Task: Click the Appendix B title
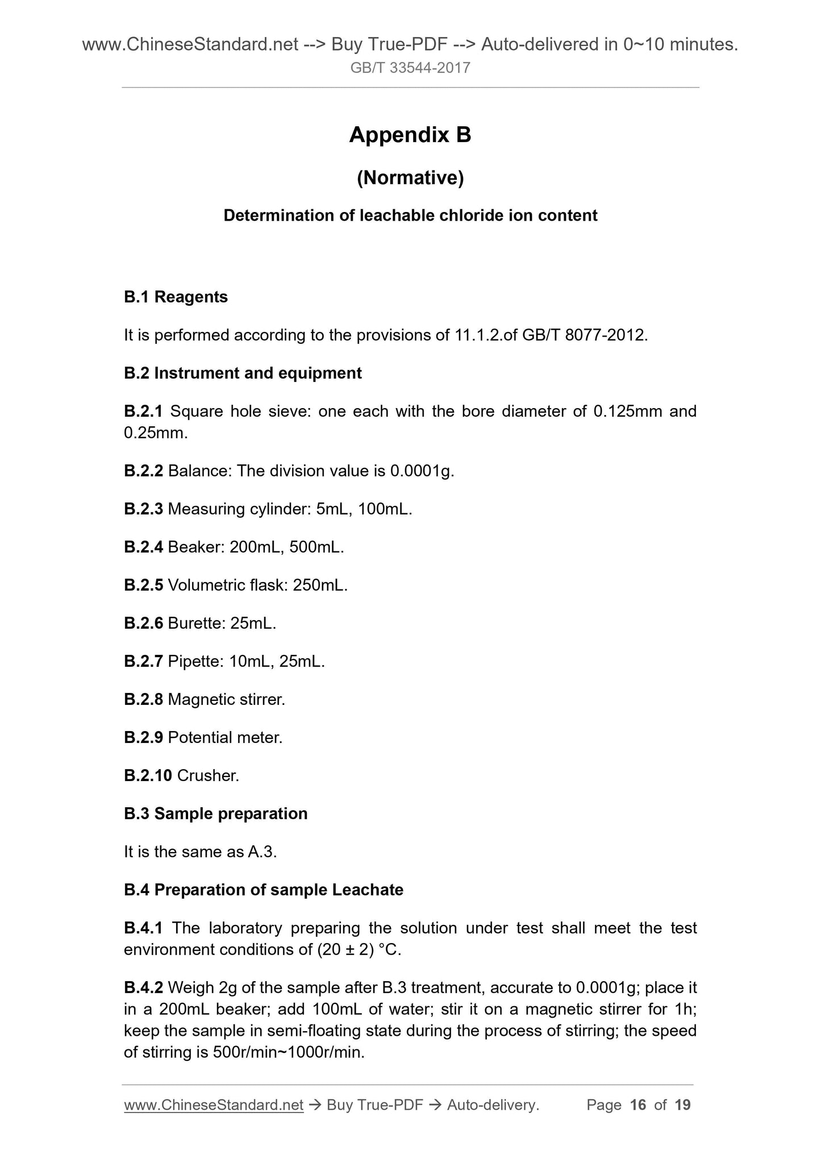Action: pos(410,135)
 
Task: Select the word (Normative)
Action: pos(410,178)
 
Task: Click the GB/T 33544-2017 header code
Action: pos(410,68)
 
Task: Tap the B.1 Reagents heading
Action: pos(176,297)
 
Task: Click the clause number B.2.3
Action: pos(143,509)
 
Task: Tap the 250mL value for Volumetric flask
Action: pos(320,585)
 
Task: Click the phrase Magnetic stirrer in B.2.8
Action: pos(226,699)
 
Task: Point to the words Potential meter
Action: pos(225,737)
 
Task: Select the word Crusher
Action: pos(208,775)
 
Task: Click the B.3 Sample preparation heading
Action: pos(215,814)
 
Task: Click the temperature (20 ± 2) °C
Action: pos(357,949)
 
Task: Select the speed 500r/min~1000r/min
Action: pos(288,1052)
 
